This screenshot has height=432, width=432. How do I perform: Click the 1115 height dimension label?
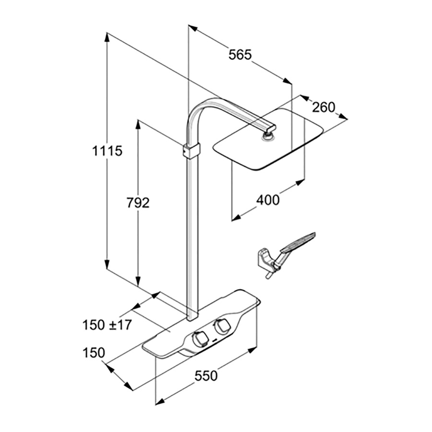(x=107, y=151)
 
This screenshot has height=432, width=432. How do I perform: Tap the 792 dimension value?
(x=138, y=203)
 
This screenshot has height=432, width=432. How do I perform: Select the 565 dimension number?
(x=240, y=55)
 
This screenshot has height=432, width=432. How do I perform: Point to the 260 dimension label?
(x=324, y=107)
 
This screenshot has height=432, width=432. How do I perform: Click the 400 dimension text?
(x=268, y=200)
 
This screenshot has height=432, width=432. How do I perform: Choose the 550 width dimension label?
(x=206, y=376)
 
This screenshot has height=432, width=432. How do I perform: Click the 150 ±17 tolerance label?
(x=108, y=325)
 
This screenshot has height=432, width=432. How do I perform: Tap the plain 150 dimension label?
(x=94, y=353)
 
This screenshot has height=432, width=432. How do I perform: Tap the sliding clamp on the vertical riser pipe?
(x=191, y=151)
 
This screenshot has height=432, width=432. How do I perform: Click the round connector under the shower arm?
(x=267, y=136)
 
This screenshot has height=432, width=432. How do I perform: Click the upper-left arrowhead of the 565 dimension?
(x=193, y=28)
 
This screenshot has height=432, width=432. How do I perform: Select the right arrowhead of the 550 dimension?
(x=252, y=350)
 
